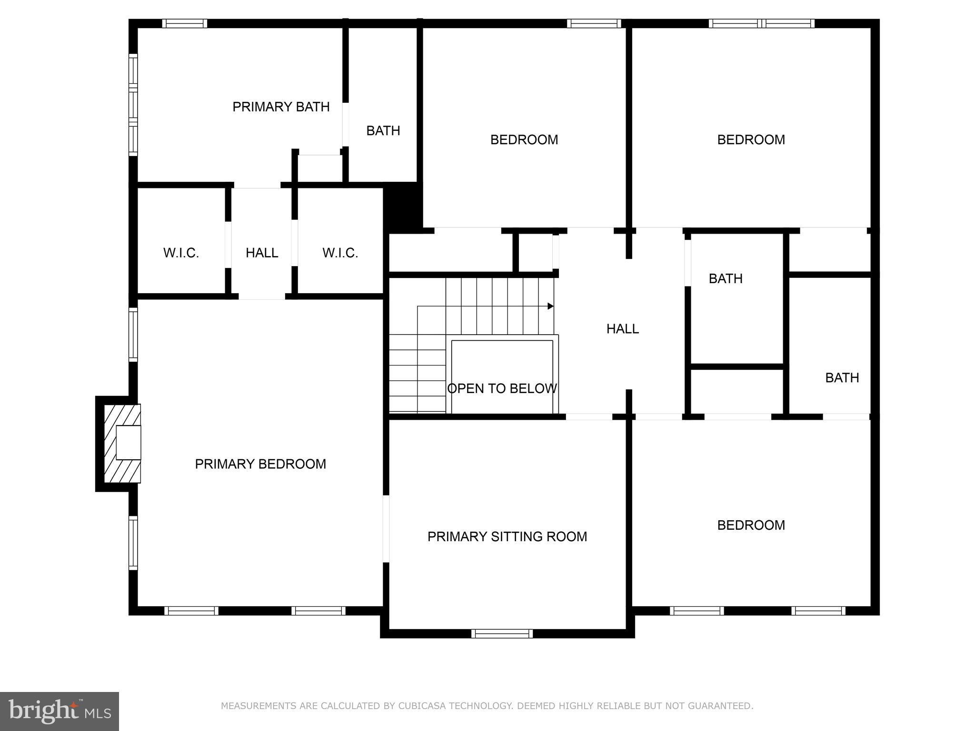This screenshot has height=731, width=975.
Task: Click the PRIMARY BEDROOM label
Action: [260, 464]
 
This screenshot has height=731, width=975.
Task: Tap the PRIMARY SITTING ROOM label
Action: [507, 537]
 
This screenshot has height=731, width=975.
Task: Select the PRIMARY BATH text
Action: [281, 107]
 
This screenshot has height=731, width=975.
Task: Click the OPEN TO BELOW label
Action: [502, 389]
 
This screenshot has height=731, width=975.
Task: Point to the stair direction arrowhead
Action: [551, 306]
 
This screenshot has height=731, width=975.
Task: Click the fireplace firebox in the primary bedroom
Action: [128, 443]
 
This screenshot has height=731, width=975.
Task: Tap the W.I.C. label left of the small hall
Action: [181, 253]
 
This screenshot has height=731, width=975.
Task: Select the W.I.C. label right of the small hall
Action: [340, 253]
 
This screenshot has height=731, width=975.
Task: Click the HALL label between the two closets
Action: [262, 253]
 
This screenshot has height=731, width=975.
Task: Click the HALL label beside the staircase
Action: [622, 329]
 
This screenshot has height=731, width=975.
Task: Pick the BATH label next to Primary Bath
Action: [383, 131]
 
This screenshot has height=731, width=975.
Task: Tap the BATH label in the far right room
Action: [842, 378]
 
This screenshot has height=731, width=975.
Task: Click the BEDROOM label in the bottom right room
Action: [751, 525]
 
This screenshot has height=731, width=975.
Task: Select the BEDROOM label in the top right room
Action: [751, 140]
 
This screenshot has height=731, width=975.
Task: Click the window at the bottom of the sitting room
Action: [502, 633]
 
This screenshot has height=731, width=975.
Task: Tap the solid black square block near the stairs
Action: [403, 207]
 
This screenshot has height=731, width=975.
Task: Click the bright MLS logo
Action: [60, 711]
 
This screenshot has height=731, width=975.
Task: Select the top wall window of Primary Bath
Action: [184, 23]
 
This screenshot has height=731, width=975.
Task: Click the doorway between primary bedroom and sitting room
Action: [386, 529]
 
